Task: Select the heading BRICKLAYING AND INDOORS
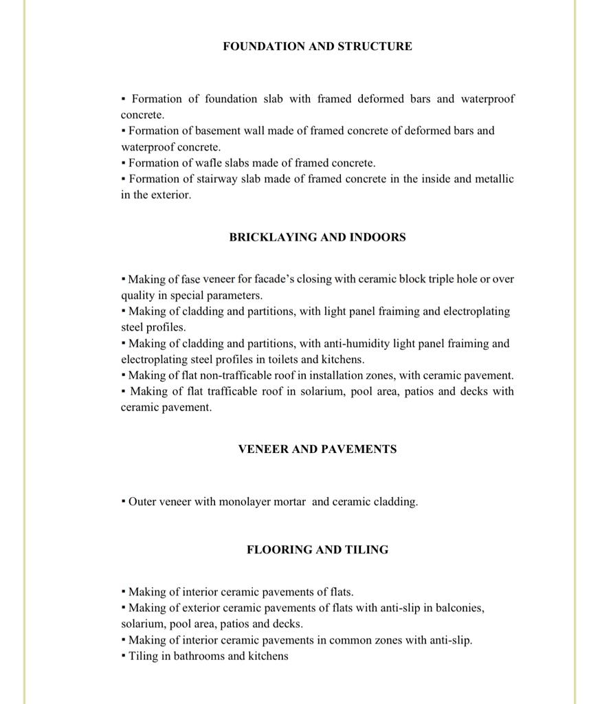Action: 318,237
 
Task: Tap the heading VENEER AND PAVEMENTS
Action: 318,449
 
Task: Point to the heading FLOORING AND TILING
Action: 318,549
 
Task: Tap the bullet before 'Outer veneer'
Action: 123,501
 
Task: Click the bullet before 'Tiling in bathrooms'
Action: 123,655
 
